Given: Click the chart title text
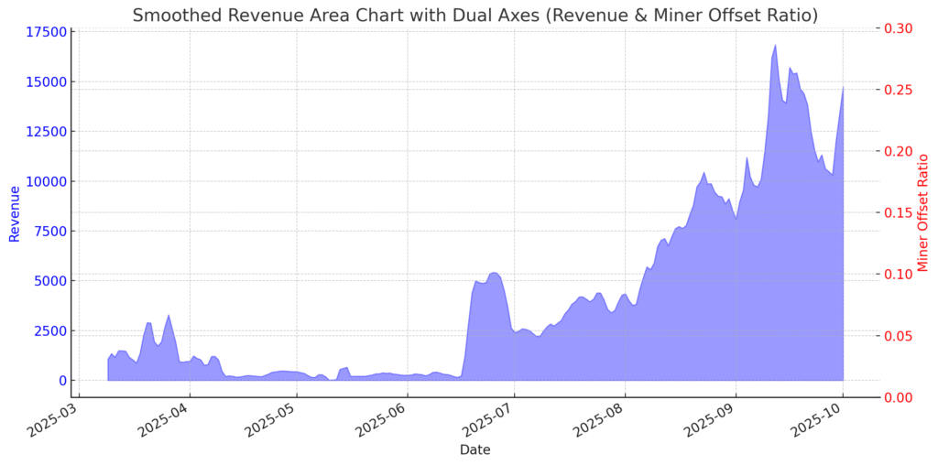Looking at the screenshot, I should coord(475,15).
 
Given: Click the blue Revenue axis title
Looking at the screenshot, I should coord(15,213).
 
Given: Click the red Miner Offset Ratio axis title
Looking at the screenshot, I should coord(922,213).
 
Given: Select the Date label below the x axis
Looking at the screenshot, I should coord(474,449).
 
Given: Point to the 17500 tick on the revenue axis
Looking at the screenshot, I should coord(45,32).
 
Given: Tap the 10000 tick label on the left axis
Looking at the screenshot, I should coord(45,181).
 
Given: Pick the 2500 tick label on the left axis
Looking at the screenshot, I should coord(49,330).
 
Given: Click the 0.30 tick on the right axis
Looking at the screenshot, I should coord(898,28).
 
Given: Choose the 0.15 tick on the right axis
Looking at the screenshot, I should coord(898,212).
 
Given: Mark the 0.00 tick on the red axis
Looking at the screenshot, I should coord(898,397).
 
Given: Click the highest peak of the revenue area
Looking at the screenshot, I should coord(775,44).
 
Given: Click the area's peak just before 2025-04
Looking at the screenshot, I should coord(169,316).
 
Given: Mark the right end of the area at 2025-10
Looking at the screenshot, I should coord(843,87).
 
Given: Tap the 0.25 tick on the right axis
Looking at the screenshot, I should coord(898,90).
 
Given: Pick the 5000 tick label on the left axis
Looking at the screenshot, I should coord(49,281).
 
